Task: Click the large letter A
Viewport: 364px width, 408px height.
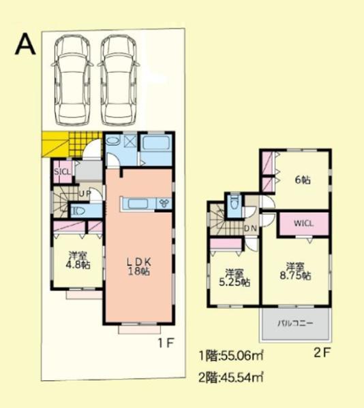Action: point(25,45)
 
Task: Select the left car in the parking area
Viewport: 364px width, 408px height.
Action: point(72,80)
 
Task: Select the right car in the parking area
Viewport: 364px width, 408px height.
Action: point(119,80)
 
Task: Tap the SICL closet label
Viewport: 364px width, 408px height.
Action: point(62,172)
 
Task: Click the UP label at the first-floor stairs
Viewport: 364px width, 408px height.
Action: point(85,193)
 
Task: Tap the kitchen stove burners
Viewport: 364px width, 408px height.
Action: point(164,203)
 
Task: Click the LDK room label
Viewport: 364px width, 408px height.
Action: point(139,261)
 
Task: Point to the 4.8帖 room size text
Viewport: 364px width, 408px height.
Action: point(78,265)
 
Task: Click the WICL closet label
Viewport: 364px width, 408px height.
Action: point(303,223)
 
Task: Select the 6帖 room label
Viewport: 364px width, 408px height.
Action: point(303,180)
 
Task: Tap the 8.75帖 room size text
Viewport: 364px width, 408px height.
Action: point(295,276)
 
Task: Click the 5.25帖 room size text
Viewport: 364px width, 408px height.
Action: point(234,282)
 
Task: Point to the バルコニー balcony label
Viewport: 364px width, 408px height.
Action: point(295,324)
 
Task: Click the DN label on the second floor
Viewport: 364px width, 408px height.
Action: point(251,228)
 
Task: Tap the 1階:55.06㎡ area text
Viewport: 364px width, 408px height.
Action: point(231,356)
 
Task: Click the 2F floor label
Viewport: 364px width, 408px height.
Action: point(322,353)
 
